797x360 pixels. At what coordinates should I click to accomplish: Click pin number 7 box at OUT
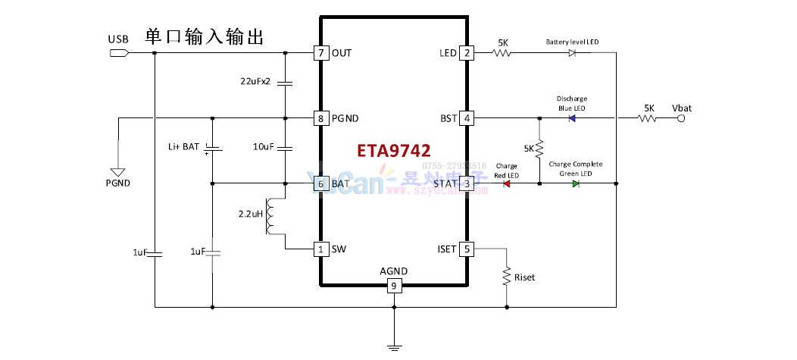[321, 53]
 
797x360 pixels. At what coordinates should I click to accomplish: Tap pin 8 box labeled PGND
[321, 118]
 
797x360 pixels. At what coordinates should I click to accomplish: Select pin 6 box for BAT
[321, 183]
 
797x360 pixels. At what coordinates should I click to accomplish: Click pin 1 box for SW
[321, 249]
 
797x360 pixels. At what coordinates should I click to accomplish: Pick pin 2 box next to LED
[467, 53]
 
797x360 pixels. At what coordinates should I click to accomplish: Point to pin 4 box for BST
[467, 118]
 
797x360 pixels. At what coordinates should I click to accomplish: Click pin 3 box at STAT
[467, 183]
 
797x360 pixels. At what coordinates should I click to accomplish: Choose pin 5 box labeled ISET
[467, 249]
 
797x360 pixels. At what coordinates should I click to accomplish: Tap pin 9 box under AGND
[394, 286]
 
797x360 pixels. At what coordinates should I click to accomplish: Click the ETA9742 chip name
[394, 151]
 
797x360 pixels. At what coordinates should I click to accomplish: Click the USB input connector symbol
[119, 53]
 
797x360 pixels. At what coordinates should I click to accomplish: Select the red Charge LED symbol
[506, 183]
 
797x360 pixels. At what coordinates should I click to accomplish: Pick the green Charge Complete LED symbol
[576, 183]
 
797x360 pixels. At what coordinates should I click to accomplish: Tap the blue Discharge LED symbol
[571, 118]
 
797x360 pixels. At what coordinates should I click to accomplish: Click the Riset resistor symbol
[506, 277]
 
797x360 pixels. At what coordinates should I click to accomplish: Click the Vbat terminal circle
[681, 118]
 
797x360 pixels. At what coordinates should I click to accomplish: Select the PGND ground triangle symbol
[118, 173]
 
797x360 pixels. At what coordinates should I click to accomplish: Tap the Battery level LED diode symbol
[572, 53]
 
